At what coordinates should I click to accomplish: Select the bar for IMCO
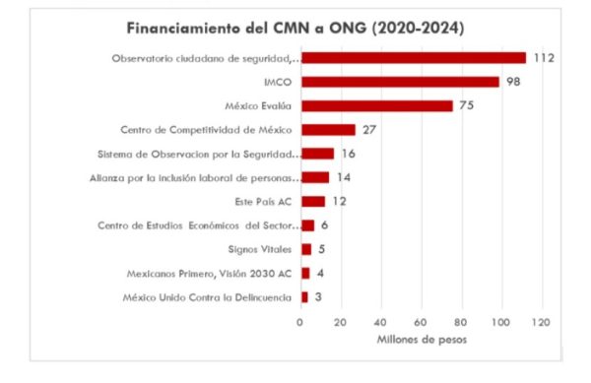click(399, 82)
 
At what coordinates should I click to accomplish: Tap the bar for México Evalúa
click(376, 105)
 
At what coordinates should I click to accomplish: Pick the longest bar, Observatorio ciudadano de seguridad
click(413, 58)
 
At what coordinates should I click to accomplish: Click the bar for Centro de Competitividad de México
click(327, 129)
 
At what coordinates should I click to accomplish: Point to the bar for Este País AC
click(312, 201)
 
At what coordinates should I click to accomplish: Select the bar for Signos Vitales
click(305, 249)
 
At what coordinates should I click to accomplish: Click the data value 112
click(544, 58)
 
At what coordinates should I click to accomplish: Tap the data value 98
click(513, 82)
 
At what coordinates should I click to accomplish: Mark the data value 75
click(467, 105)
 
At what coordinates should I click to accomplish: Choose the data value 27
click(370, 129)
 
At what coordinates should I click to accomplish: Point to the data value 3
click(319, 296)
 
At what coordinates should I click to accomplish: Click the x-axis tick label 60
click(421, 322)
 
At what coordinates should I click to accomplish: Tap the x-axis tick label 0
click(300, 322)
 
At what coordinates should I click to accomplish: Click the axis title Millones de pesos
click(421, 340)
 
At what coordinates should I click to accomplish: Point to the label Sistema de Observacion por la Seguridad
click(197, 154)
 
